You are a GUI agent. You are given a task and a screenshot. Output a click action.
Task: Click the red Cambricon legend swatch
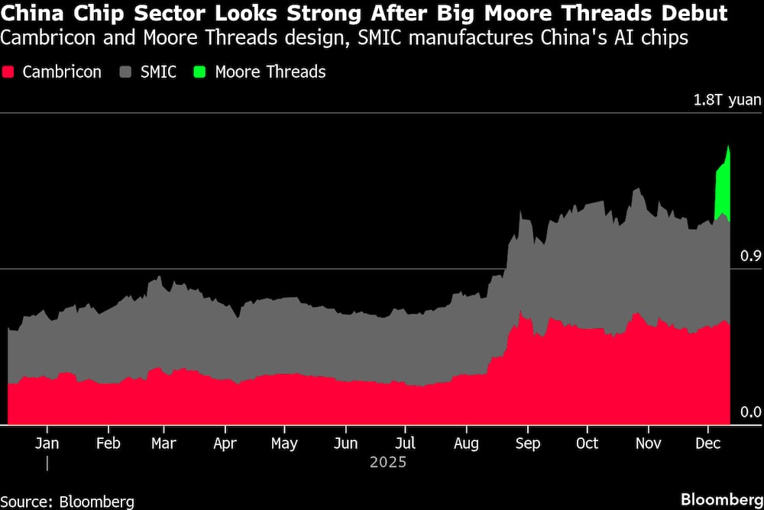point(9,73)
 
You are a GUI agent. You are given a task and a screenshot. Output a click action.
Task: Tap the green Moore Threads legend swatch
point(201,73)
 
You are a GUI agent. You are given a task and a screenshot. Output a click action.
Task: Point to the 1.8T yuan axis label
point(727,100)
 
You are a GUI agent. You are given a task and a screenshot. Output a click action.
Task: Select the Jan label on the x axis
point(47,444)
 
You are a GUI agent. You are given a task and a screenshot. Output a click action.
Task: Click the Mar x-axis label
point(163,444)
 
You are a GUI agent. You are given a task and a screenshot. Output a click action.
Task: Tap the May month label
point(284,444)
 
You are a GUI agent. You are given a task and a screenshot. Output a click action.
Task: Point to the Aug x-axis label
point(465,444)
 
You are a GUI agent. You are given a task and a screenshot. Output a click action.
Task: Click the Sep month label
point(526,444)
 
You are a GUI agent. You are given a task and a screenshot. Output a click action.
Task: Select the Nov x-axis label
point(649,444)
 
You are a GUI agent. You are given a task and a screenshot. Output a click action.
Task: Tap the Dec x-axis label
point(707,444)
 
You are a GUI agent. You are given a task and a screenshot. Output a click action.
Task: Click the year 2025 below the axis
point(387,462)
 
